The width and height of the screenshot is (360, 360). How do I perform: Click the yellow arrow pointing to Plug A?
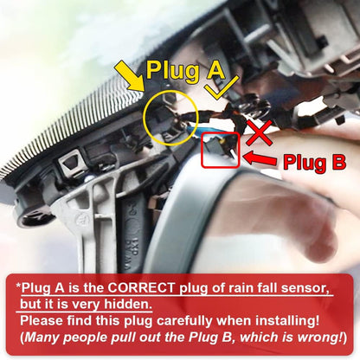[x=130, y=76]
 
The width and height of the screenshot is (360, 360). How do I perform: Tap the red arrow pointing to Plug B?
[x=260, y=158]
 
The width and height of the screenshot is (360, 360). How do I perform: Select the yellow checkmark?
[x=223, y=88]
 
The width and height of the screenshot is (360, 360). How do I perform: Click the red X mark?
[x=260, y=132]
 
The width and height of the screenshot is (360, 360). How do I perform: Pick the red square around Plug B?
[x=202, y=150]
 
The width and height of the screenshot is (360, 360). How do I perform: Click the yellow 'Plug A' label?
[x=185, y=70]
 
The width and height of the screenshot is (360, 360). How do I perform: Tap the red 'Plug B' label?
[x=314, y=162]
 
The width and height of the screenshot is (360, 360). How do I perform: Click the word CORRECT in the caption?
[x=141, y=287]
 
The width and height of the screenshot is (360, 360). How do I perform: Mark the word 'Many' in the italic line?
[x=41, y=337]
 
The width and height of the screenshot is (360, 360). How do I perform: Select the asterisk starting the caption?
[x=18, y=286]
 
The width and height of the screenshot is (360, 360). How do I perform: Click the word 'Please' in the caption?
[x=42, y=320]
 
